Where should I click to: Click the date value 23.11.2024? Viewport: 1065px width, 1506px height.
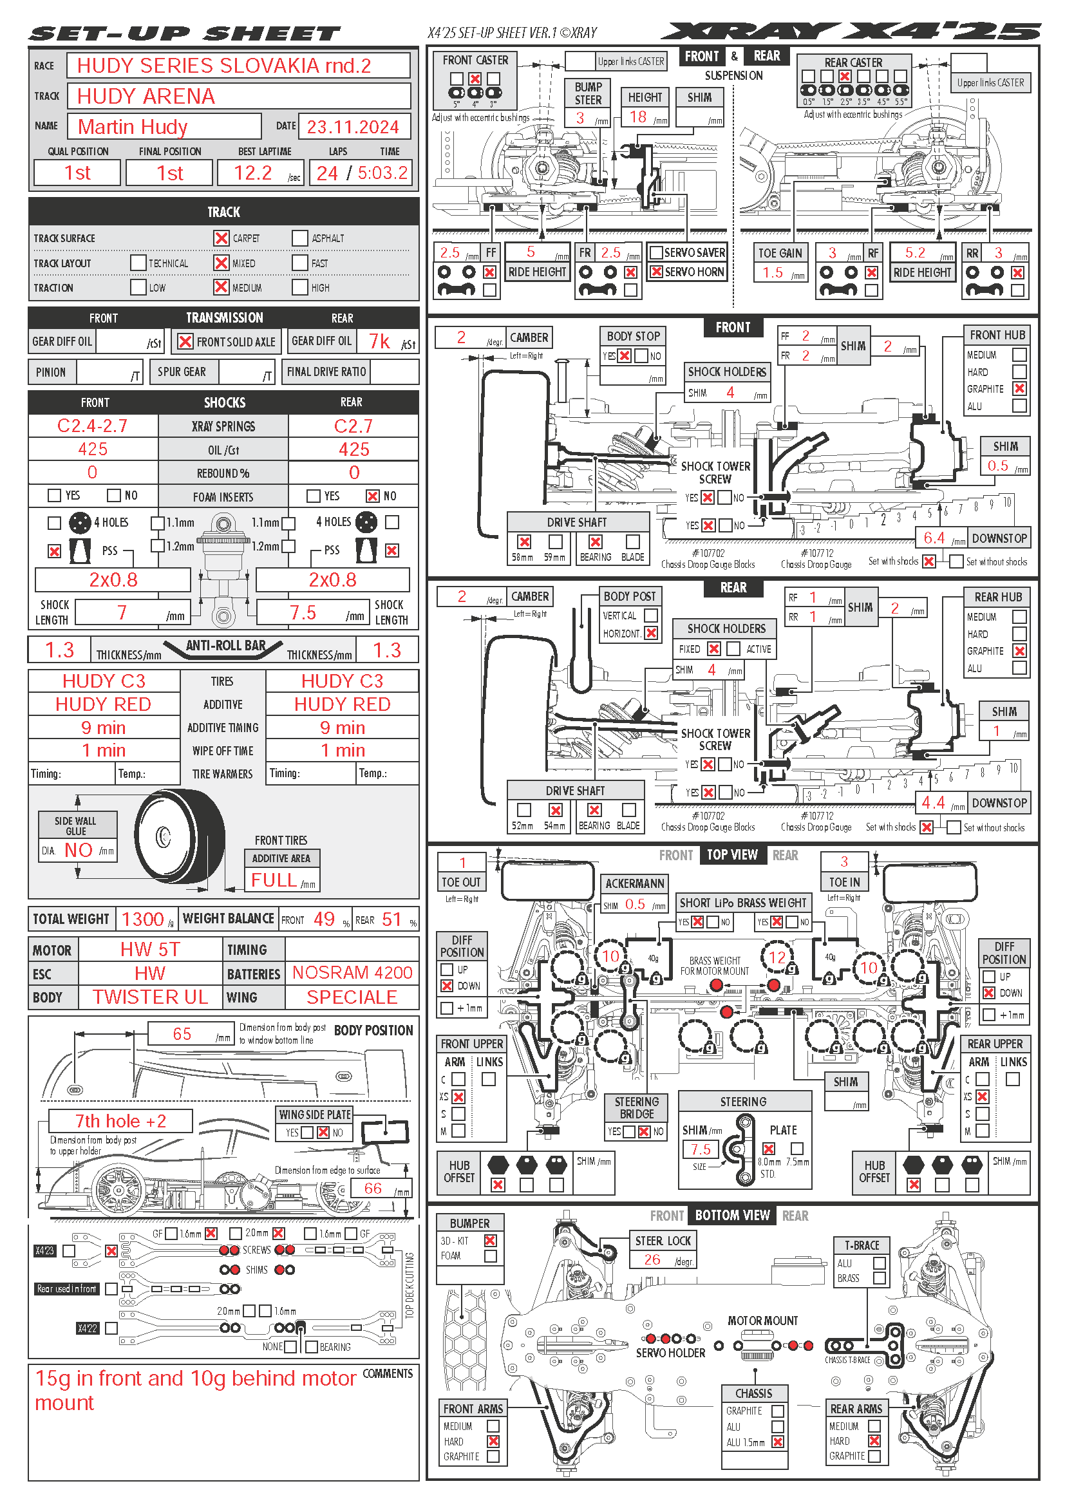tap(353, 127)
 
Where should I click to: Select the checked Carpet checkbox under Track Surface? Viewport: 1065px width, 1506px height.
tap(221, 238)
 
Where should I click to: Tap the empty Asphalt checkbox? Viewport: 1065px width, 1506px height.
tap(299, 238)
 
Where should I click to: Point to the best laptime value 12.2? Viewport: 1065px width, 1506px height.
tap(253, 173)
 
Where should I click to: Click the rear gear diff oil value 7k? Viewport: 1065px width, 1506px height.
tap(379, 341)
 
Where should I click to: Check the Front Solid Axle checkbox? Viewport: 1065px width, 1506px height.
tap(185, 342)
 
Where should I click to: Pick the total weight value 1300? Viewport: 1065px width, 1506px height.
tap(142, 919)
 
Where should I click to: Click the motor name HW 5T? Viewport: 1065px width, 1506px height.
tap(150, 949)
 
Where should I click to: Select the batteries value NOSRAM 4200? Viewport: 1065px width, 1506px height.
tap(352, 973)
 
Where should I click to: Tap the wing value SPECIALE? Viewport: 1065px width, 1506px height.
tap(352, 997)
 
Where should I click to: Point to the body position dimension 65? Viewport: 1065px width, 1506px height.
tap(182, 1034)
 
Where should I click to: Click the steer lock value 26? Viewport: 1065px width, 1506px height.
tap(652, 1259)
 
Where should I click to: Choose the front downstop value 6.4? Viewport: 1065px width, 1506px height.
tap(934, 538)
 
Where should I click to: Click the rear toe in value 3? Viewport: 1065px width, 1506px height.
tap(844, 861)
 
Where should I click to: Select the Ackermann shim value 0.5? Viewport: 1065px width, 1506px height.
tap(635, 904)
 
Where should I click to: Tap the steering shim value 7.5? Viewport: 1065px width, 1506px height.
tap(701, 1149)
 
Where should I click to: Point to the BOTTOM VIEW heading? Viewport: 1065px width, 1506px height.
tap(732, 1216)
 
